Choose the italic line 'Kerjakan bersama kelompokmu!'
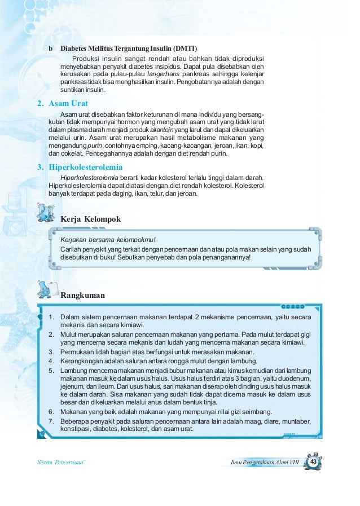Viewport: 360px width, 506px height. pyautogui.click(x=105, y=239)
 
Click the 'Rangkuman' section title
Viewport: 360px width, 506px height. pyautogui.click(x=82, y=294)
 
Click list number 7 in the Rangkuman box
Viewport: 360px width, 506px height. pyautogui.click(x=51, y=421)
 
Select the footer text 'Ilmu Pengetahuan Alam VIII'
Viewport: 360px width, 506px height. pyautogui.click(x=264, y=463)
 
